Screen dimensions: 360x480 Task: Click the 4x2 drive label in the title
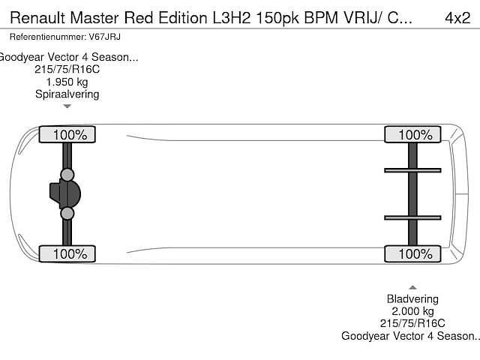click(x=457, y=17)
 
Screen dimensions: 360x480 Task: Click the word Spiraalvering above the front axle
click(x=67, y=94)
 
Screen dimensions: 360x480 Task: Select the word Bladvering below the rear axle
click(x=412, y=298)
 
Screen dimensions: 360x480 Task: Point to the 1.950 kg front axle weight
click(x=67, y=82)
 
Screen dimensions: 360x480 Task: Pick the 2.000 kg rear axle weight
click(x=412, y=311)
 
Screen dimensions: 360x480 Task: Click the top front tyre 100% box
click(x=67, y=135)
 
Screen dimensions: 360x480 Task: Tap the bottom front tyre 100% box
click(x=67, y=253)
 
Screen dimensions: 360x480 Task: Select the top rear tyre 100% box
click(x=412, y=135)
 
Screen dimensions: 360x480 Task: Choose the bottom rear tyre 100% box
click(x=412, y=253)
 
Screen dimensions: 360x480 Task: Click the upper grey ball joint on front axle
click(x=67, y=175)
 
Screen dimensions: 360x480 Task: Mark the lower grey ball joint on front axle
click(x=67, y=214)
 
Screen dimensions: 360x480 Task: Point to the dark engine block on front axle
click(x=64, y=194)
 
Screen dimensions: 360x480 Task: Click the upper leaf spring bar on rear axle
click(x=412, y=170)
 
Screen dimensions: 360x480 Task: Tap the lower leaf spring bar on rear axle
click(x=412, y=217)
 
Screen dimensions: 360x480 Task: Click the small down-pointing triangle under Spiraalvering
click(x=67, y=106)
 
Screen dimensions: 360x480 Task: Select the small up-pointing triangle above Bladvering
click(x=412, y=287)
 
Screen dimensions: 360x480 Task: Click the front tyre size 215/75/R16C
click(x=67, y=70)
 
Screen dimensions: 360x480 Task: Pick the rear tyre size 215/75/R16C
click(x=412, y=323)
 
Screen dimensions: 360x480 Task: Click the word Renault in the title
click(x=37, y=17)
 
